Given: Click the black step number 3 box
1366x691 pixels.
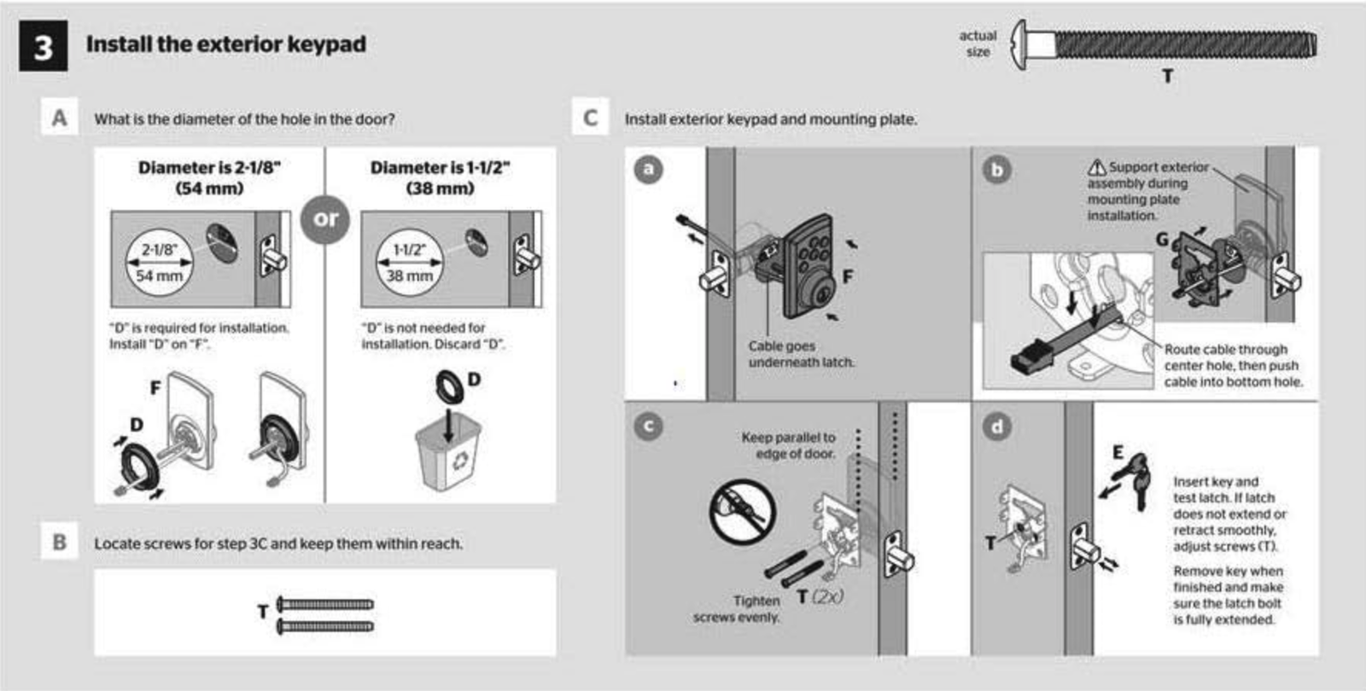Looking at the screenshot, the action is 44,46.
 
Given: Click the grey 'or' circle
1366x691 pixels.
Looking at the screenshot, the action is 325,218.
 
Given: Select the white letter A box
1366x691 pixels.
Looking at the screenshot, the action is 59,116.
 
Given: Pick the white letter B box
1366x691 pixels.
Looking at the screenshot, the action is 59,541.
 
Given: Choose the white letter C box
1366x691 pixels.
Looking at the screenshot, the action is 590,116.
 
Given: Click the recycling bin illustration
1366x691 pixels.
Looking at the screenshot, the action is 449,451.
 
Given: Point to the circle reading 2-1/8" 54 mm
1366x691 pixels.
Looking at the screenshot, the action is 159,263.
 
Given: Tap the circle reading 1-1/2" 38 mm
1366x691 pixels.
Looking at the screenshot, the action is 409,263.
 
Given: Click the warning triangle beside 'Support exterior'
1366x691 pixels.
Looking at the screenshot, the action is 1097,167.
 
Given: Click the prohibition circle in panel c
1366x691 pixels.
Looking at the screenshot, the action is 742,512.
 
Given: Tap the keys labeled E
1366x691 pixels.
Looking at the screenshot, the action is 1136,479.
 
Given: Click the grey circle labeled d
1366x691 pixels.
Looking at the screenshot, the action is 997,427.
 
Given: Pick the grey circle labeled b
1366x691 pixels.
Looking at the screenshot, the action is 997,170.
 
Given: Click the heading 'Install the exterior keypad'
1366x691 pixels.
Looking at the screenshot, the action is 226,44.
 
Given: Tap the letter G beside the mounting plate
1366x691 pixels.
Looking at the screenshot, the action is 1162,240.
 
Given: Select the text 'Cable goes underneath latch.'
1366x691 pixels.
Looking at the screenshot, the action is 802,354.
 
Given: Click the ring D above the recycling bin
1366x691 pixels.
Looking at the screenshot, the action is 449,387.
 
